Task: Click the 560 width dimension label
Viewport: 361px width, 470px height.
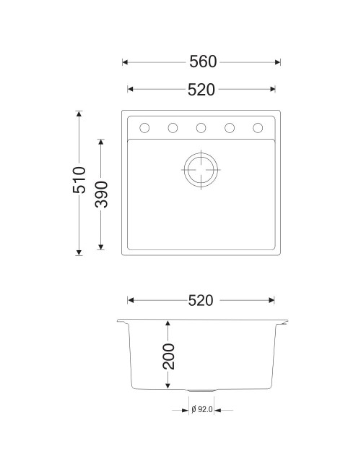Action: pyautogui.click(x=203, y=61)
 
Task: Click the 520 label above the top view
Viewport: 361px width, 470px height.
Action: pyautogui.click(x=201, y=90)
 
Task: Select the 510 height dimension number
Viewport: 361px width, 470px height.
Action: pyautogui.click(x=79, y=180)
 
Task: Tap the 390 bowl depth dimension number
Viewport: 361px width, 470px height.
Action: pyautogui.click(x=101, y=195)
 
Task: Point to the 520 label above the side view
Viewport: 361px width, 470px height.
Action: pyautogui.click(x=201, y=300)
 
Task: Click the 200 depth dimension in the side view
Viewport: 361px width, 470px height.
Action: pyautogui.click(x=168, y=356)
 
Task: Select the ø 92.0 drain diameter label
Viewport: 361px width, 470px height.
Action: pyautogui.click(x=201, y=409)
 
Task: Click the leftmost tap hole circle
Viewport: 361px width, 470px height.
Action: pyautogui.click(x=144, y=128)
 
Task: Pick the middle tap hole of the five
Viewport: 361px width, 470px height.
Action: pyautogui.click(x=201, y=128)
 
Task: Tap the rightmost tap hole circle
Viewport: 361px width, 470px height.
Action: pyautogui.click(x=258, y=128)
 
